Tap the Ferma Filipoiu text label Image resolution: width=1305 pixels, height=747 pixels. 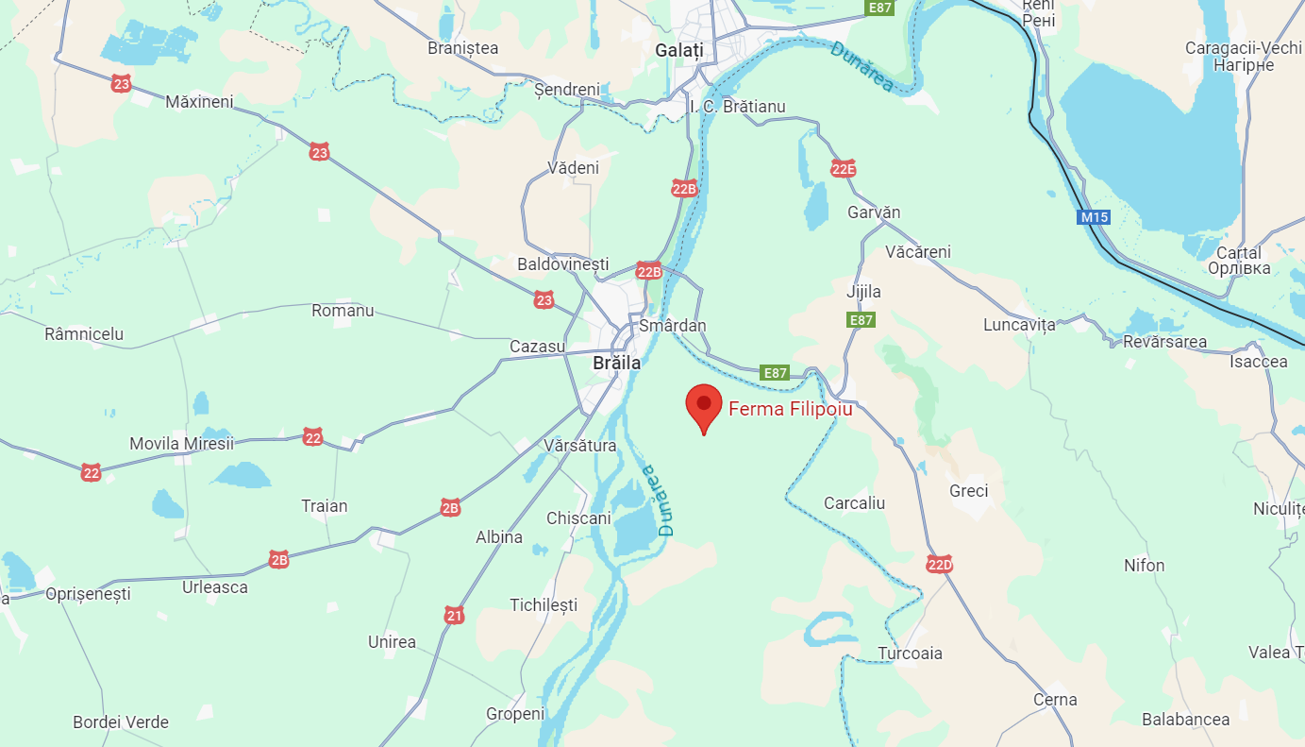[x=790, y=410]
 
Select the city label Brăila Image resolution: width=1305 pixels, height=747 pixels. [x=616, y=363]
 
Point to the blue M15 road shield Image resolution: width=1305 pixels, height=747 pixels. [x=1094, y=217]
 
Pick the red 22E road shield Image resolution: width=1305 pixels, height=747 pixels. [x=843, y=169]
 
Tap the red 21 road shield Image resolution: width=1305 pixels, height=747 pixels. [x=455, y=616]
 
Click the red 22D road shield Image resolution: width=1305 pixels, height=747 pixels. [x=939, y=565]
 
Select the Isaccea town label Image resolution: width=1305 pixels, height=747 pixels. [x=1258, y=362]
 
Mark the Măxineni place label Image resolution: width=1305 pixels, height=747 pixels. [x=199, y=101]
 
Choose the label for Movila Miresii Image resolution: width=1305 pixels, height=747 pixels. [x=181, y=444]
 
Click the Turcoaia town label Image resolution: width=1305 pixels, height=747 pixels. [x=910, y=654]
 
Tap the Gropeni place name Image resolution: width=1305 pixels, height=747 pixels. [x=515, y=714]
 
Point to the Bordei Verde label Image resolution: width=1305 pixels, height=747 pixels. [x=121, y=722]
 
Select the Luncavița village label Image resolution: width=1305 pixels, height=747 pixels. [x=1018, y=325]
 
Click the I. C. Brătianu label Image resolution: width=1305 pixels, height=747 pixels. [x=737, y=107]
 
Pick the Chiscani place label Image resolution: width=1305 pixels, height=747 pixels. [x=578, y=518]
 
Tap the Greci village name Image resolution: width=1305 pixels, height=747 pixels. [x=968, y=491]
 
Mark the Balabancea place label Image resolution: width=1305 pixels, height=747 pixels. [x=1185, y=720]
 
